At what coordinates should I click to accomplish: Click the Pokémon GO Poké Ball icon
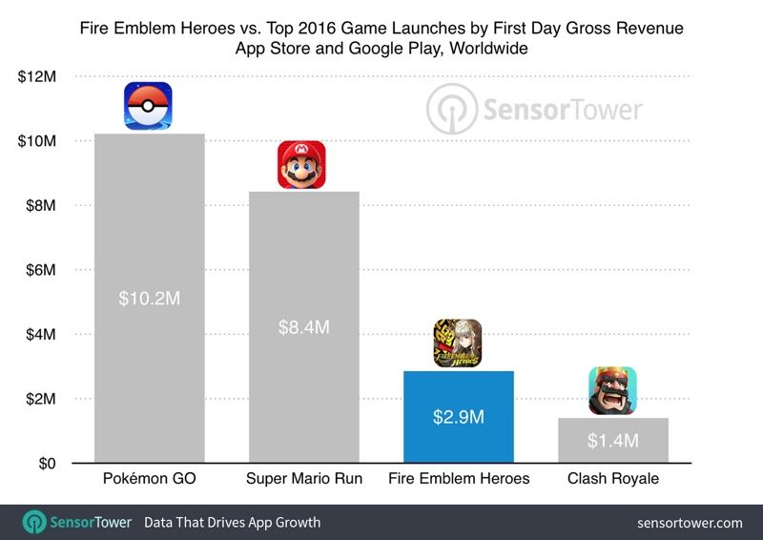pos(149,106)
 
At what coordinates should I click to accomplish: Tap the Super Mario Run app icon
pos(301,164)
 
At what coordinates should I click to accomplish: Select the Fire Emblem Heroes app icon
pos(458,343)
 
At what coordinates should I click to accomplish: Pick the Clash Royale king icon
pos(612,391)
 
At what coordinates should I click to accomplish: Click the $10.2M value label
pos(149,298)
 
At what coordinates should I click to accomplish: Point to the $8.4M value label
pos(303,326)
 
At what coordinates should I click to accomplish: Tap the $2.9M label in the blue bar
pos(458,417)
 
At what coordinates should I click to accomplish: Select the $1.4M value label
pos(611,440)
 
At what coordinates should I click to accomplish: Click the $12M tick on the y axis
pos(36,76)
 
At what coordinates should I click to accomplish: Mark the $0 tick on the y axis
pos(47,464)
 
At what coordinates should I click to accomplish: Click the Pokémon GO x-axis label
pos(149,479)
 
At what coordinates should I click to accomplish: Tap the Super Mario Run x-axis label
pos(303,479)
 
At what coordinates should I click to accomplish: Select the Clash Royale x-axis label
pos(612,479)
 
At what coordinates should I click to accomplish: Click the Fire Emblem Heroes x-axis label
pos(458,479)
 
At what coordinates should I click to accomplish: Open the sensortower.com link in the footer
pos(690,523)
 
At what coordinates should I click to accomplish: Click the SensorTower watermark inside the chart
pos(535,109)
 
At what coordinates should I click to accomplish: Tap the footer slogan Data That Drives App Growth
pos(232,523)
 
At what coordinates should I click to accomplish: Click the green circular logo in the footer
pos(35,522)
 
